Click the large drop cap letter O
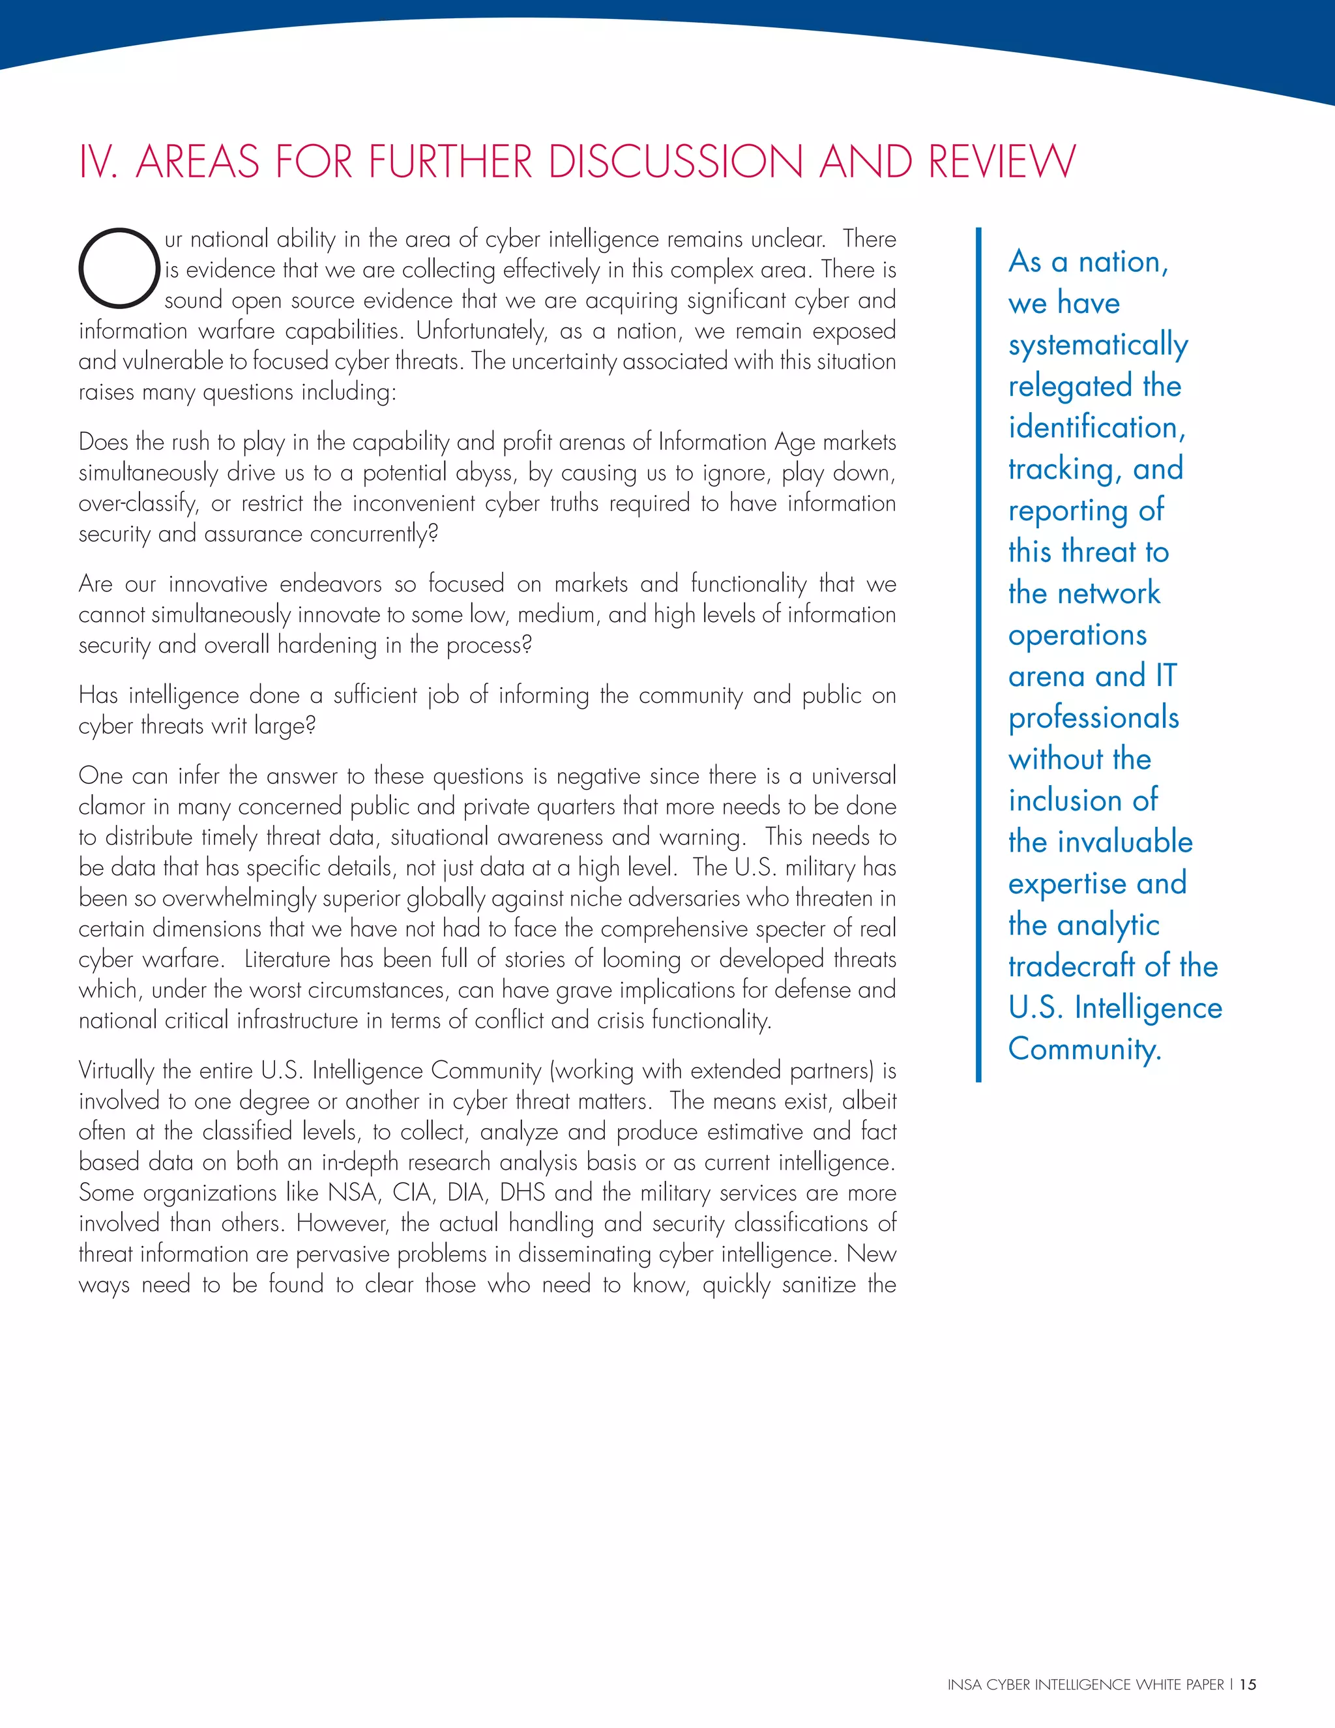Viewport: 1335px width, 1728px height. [x=119, y=267]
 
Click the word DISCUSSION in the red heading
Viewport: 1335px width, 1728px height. [x=676, y=162]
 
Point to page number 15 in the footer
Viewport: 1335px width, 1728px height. [x=1248, y=1706]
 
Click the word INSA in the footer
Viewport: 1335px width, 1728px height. [x=964, y=1706]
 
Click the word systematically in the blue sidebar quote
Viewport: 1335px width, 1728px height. [x=1098, y=345]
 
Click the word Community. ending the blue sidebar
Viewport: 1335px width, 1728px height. [x=1084, y=1049]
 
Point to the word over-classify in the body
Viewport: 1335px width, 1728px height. [x=138, y=504]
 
